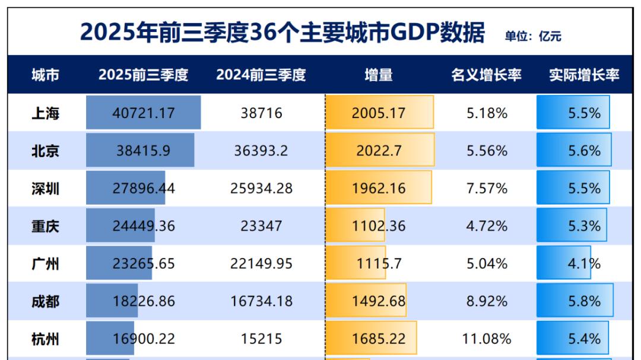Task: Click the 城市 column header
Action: tap(45, 75)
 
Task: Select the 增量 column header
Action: tap(379, 75)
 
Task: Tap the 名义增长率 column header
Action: tap(486, 75)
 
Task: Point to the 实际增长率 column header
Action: tap(584, 75)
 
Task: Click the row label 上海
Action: tap(45, 113)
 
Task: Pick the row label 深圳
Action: tap(45, 189)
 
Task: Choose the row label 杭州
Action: tap(45, 339)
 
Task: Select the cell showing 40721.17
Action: tap(144, 113)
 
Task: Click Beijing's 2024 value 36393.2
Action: tap(261, 151)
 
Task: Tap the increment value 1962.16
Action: tap(379, 189)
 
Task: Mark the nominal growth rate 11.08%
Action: tap(487, 339)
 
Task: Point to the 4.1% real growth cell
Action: tap(584, 263)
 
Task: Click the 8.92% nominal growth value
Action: tap(487, 301)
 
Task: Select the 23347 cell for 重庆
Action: tap(261, 226)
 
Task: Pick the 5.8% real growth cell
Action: tap(584, 301)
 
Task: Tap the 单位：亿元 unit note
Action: tap(533, 37)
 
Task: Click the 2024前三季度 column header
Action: tap(261, 75)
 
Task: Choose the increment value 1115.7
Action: tap(379, 263)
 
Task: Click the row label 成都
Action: tap(45, 301)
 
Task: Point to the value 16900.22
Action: tap(144, 339)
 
